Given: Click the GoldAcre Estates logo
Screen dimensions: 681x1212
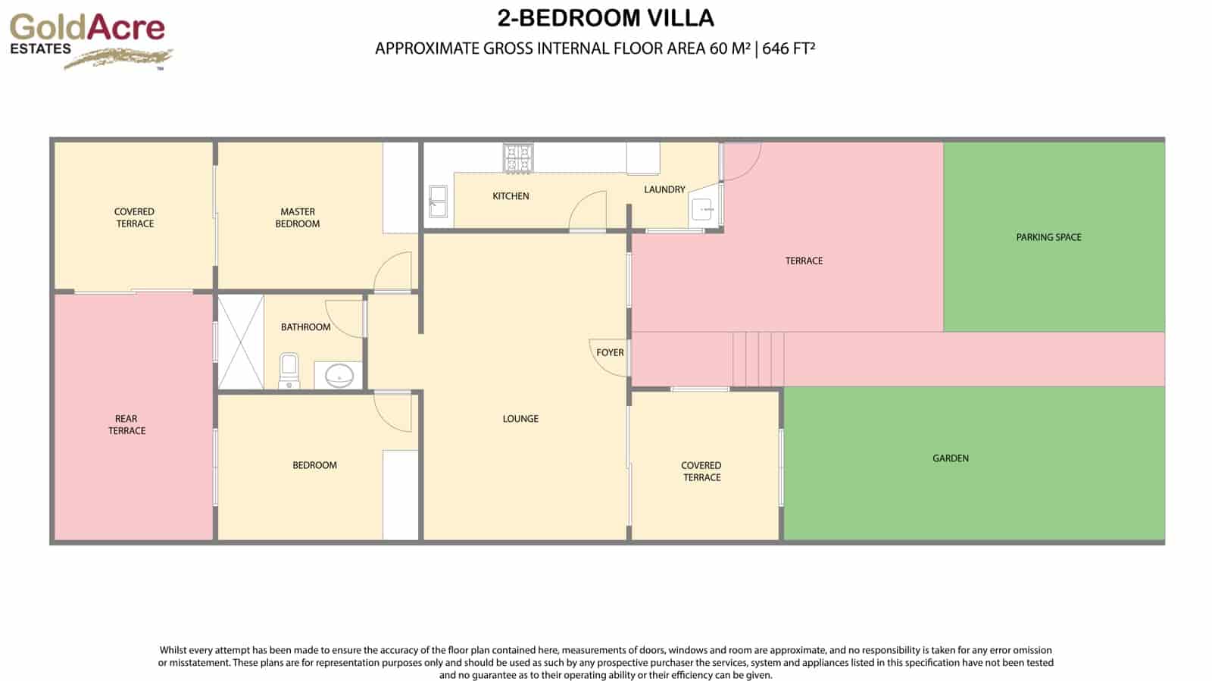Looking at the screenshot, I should pos(89,39).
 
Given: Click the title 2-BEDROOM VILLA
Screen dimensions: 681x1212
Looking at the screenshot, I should pos(605,18).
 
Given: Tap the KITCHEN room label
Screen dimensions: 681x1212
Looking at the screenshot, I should pos(511,196).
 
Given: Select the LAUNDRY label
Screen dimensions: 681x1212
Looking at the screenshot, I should pos(664,189).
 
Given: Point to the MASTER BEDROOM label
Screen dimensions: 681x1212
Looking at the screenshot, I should pos(298,217).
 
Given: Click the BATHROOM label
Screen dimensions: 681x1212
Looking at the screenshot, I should pos(305,327).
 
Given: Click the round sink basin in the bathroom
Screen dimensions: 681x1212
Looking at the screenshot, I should pos(339,375).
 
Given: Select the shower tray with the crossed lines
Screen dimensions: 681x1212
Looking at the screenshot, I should pos(241,342).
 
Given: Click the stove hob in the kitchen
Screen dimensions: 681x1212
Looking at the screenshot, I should pos(519,158).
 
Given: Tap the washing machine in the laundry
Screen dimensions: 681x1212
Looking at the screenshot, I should pos(702,209).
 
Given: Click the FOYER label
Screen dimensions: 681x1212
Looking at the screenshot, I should pos(610,352).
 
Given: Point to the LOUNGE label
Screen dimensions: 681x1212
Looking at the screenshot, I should pos(520,418).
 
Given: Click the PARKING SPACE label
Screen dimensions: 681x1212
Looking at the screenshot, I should pos(1048,237).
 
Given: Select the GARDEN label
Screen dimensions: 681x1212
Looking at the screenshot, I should pos(950,458).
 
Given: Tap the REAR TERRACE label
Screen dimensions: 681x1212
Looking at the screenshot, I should pos(127,424).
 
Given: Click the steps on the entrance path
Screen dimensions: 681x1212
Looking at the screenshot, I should pos(758,359).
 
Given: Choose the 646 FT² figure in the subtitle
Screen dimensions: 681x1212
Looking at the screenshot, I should pos(789,48).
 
